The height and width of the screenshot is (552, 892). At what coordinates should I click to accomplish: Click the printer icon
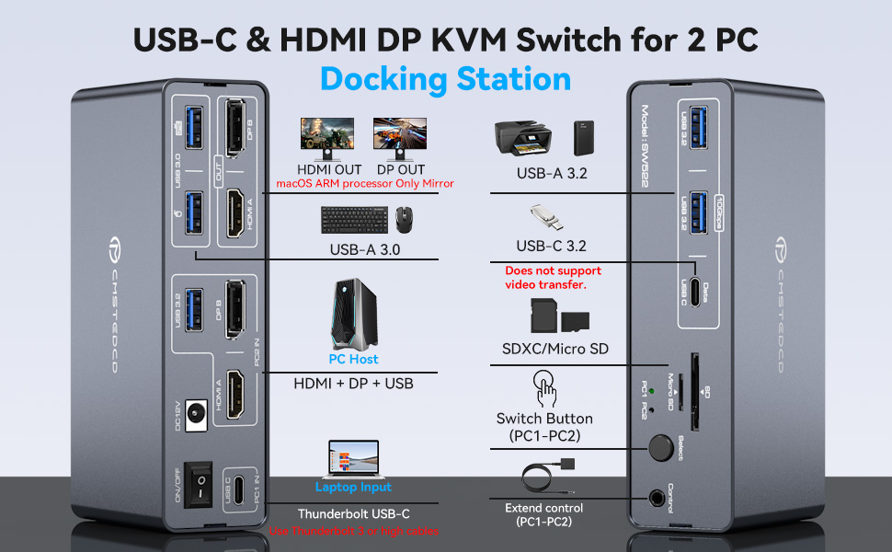pyautogui.click(x=521, y=139)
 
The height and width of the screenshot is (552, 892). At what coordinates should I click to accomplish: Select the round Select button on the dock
pyautogui.click(x=658, y=449)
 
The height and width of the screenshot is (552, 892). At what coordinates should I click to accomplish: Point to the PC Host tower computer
pyautogui.click(x=353, y=316)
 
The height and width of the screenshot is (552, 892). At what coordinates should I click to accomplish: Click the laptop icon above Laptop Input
pyautogui.click(x=353, y=458)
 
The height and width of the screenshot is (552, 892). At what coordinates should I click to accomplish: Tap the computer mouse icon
pyautogui.click(x=404, y=219)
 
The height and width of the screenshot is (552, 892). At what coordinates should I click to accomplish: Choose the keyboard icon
pyautogui.click(x=353, y=219)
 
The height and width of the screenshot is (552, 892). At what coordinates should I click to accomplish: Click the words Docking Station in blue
pyautogui.click(x=445, y=78)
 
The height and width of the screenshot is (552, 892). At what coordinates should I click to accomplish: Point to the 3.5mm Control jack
pyautogui.click(x=657, y=498)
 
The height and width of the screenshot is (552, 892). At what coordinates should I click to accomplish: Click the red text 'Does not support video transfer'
pyautogui.click(x=553, y=278)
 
